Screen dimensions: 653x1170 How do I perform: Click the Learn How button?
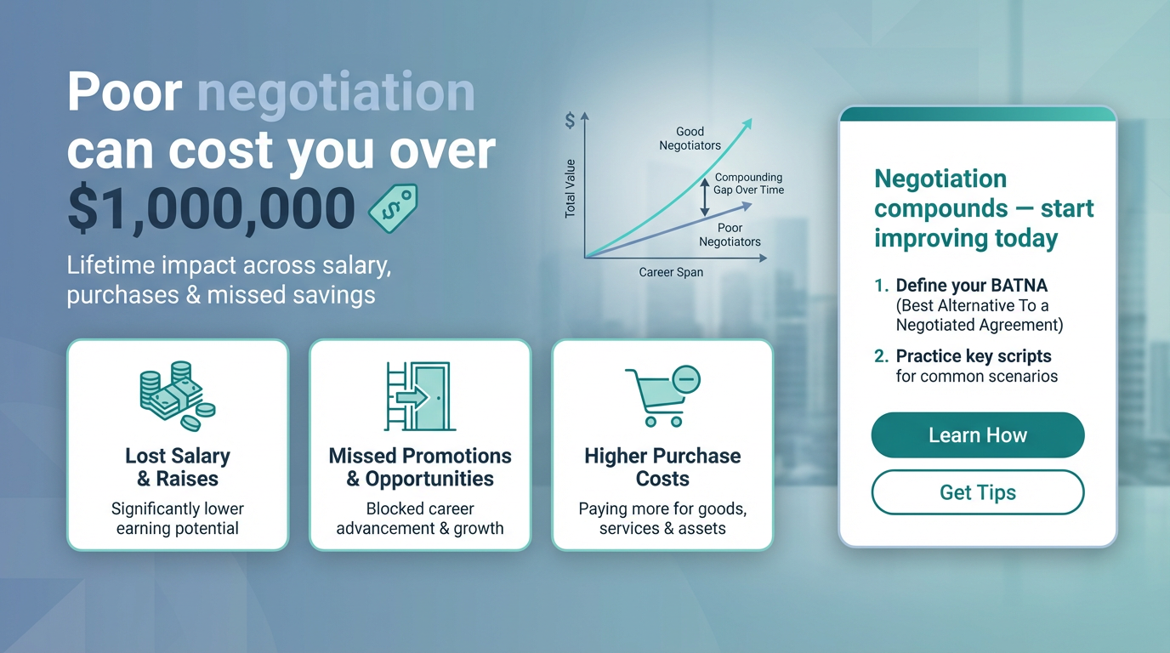point(977,435)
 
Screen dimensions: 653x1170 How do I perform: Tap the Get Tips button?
point(977,492)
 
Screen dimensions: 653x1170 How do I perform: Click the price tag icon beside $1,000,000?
point(393,208)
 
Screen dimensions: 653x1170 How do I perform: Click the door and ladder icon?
point(419,395)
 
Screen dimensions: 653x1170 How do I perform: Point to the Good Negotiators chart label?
point(690,139)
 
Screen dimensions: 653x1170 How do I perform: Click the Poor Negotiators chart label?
point(730,235)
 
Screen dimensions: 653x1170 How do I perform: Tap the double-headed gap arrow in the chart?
point(704,197)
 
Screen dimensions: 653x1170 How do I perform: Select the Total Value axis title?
point(570,188)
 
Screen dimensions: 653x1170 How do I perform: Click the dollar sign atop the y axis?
point(570,121)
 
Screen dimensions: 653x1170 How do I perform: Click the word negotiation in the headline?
point(336,93)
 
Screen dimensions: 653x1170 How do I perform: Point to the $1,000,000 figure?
point(211,207)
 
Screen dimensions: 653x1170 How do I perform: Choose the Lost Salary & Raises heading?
point(177,467)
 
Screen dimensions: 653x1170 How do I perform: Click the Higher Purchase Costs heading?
point(662,467)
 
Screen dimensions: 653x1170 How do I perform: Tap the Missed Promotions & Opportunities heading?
point(420,467)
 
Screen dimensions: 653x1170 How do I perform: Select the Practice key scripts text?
point(974,356)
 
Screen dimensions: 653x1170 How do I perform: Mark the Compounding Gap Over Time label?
point(748,184)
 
